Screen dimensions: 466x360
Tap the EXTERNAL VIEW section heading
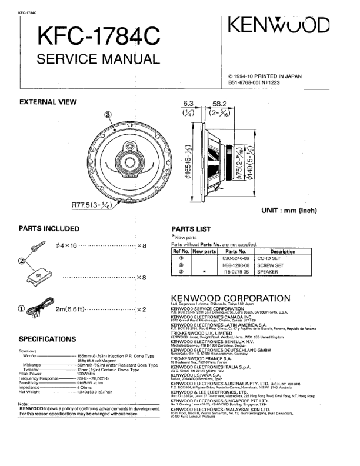[48, 102]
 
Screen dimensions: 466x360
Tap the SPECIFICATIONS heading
[47, 339]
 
